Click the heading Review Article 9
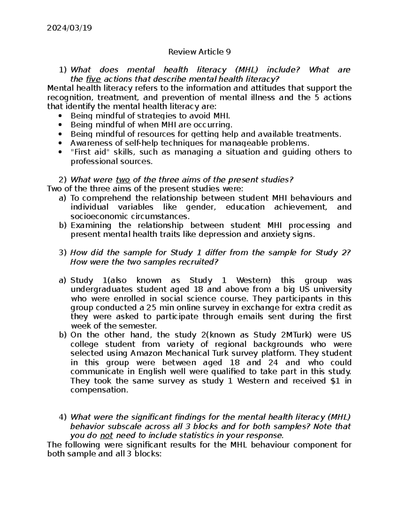(199, 52)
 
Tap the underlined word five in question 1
(93, 79)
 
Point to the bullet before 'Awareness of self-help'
(60, 143)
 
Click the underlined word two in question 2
(123, 180)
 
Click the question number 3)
(63, 253)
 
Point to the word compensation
(99, 390)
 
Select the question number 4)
(63, 417)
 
